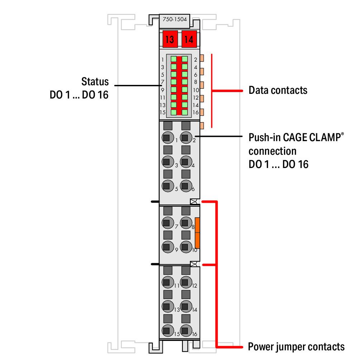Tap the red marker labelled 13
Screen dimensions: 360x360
[170, 39]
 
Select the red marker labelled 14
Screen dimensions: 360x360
[189, 39]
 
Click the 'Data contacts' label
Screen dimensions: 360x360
[278, 90]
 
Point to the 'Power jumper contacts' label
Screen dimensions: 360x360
[296, 347]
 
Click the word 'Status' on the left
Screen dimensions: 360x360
[95, 81]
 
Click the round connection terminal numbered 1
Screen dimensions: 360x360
[166, 137]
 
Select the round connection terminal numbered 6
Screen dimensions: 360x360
[185, 186]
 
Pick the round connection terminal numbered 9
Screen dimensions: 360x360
[166, 247]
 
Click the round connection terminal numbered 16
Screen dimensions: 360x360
[185, 331]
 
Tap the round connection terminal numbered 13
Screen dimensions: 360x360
[166, 306]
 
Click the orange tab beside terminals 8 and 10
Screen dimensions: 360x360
[197, 233]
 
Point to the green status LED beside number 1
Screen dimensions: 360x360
[174, 59]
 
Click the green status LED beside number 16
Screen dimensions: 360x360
[185, 112]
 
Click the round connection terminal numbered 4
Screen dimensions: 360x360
[185, 162]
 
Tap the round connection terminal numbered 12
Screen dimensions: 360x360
[185, 282]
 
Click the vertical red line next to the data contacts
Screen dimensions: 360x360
[212, 90]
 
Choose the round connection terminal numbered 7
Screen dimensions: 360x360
[166, 223]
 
